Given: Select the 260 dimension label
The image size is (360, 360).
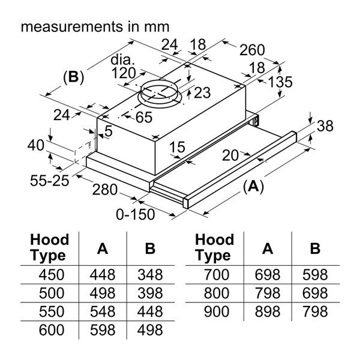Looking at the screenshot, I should coord(252,50).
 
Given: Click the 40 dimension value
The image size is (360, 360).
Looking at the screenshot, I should coord(36,146).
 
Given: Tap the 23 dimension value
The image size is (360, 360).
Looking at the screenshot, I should coord(203,93).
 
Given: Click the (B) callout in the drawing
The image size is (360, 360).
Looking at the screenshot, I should coord(73,77).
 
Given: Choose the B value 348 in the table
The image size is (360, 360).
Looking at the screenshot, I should coord(149,275).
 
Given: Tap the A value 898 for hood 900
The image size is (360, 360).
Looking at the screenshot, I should coord(267,312).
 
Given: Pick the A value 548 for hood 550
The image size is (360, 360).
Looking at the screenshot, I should coord(103,312).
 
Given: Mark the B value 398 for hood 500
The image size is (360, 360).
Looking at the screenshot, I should coord(149,294).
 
